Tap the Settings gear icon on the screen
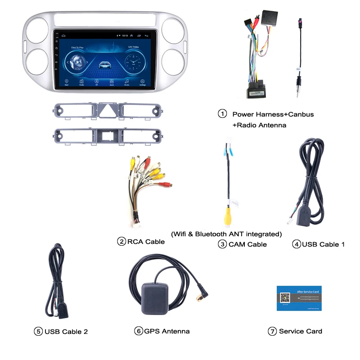coord(142,81)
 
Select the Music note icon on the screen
coord(127,81)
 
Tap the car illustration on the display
coord(104,63)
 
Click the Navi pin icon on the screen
coord(67,81)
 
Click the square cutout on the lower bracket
coord(107,134)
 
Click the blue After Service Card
coord(299,298)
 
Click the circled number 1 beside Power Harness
coord(222,114)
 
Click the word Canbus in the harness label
coord(299,114)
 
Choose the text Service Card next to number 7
coord(300,331)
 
